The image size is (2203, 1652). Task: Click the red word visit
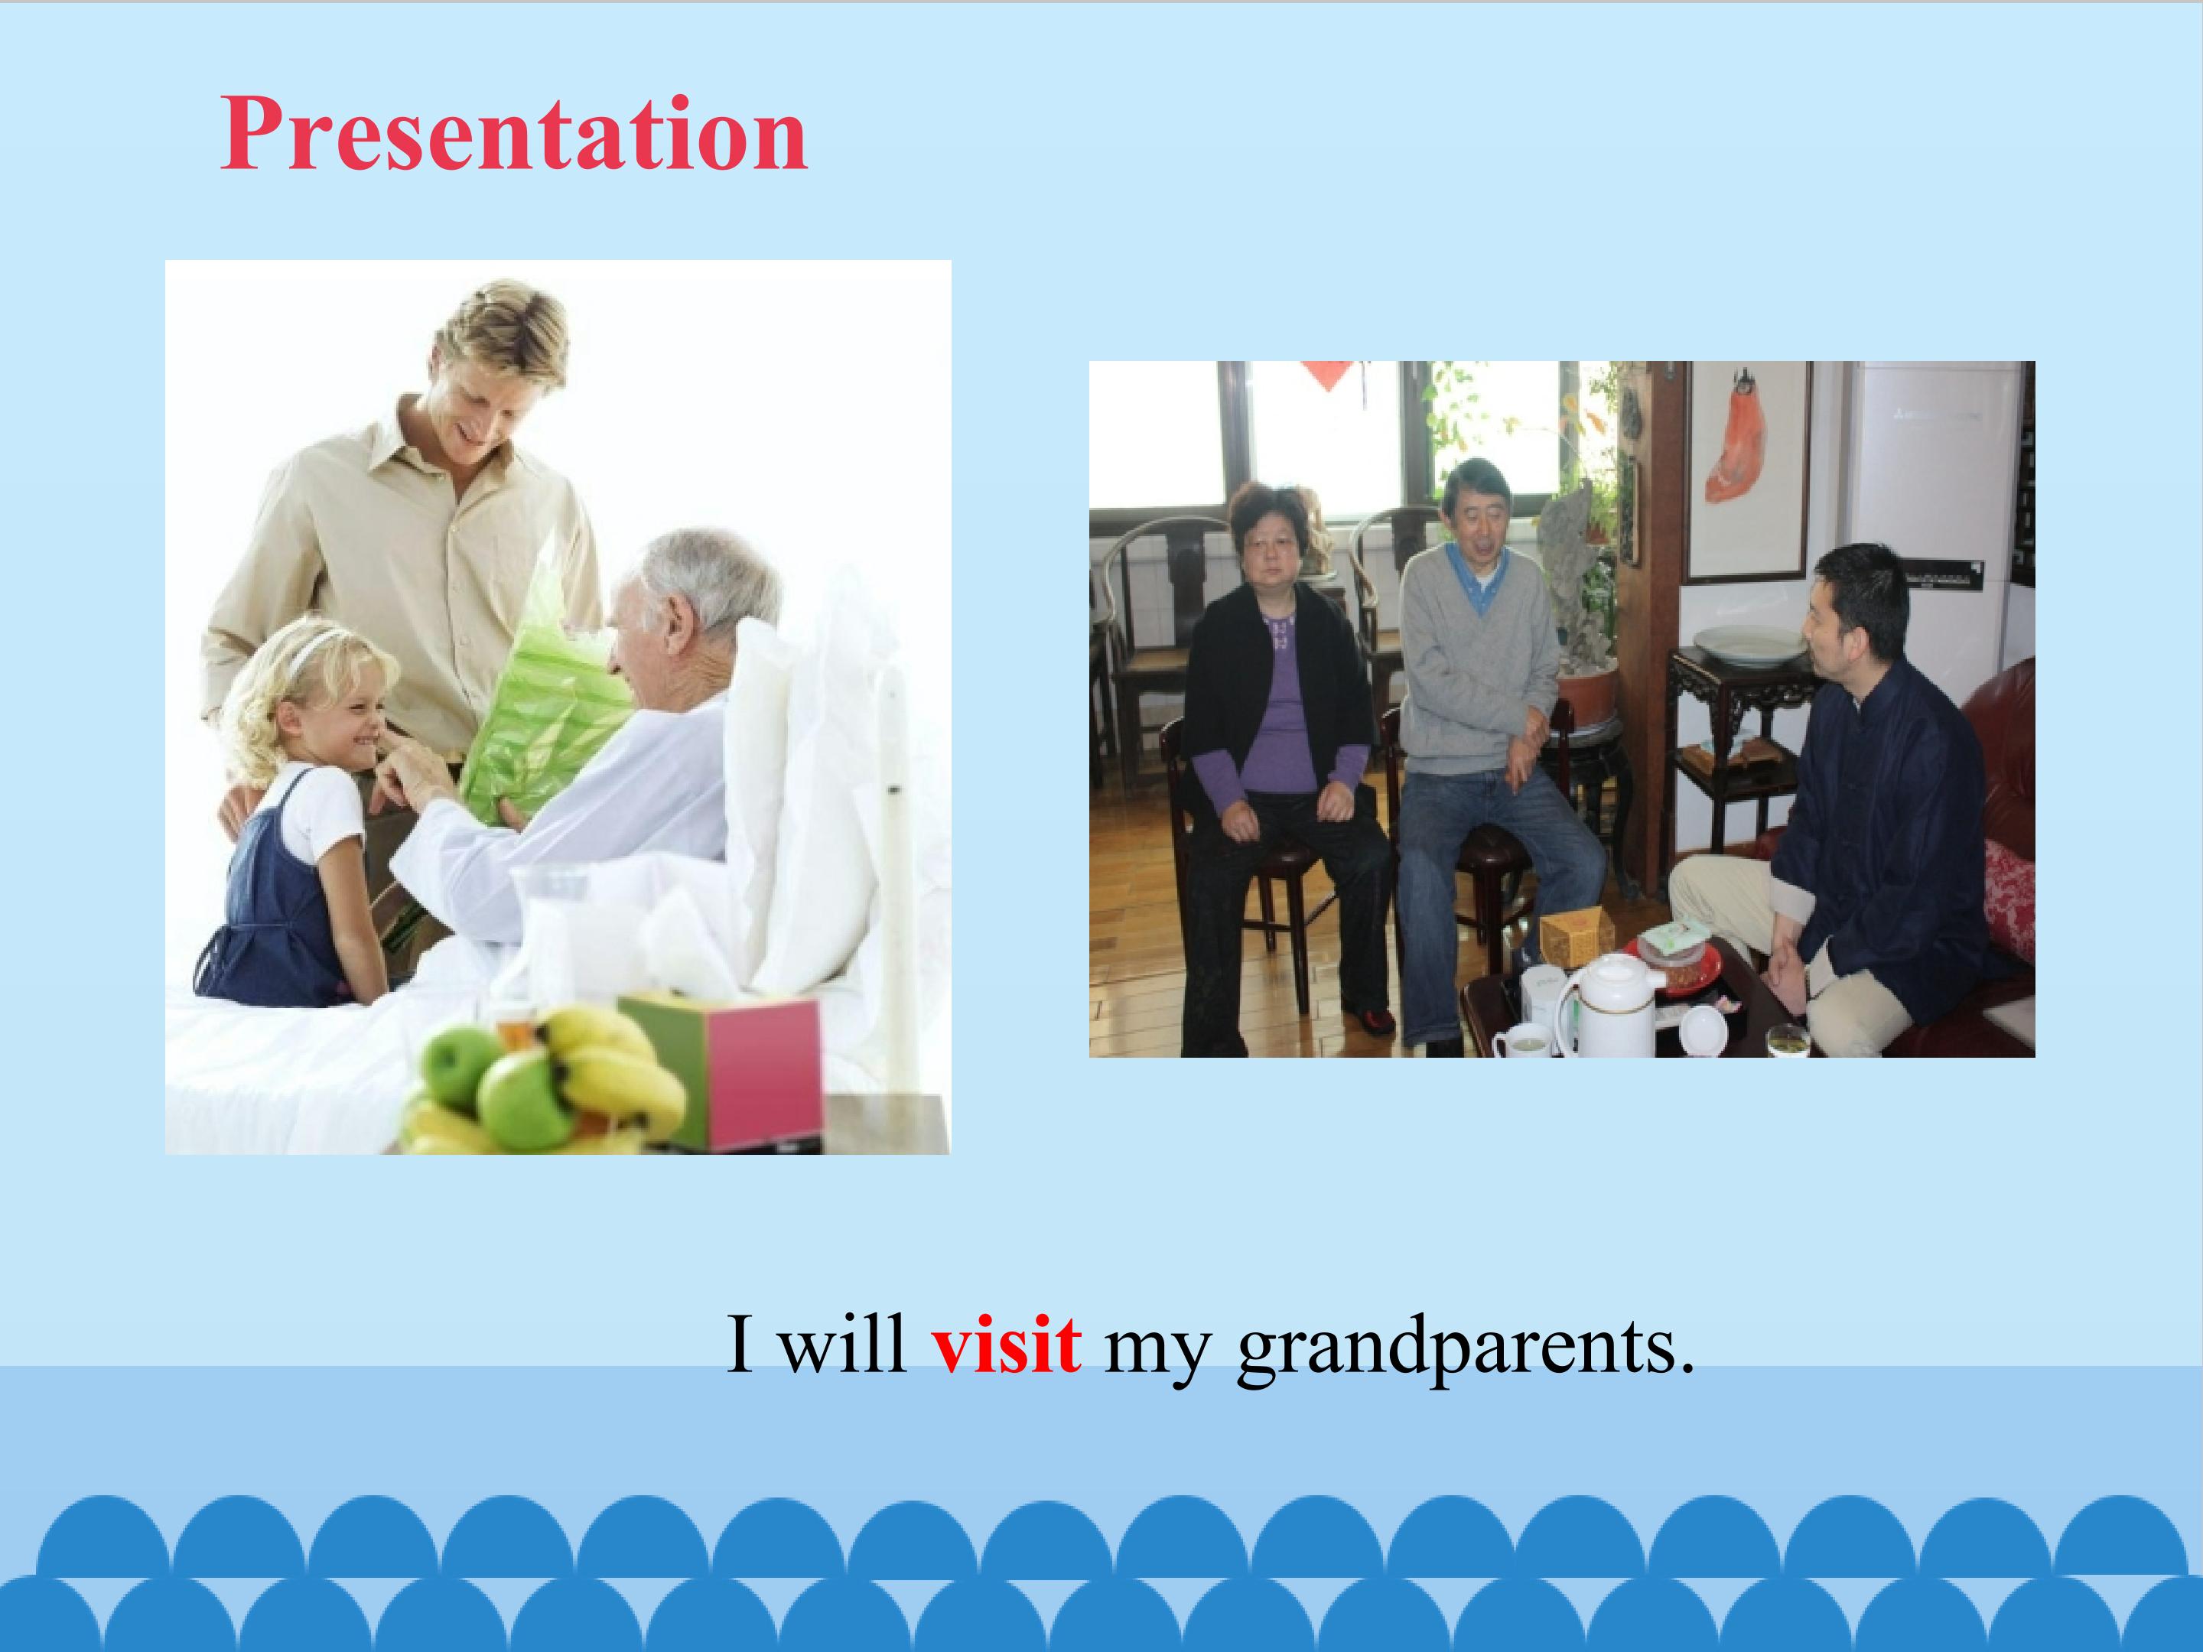1006,1345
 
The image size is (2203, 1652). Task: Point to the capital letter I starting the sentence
738,1345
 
